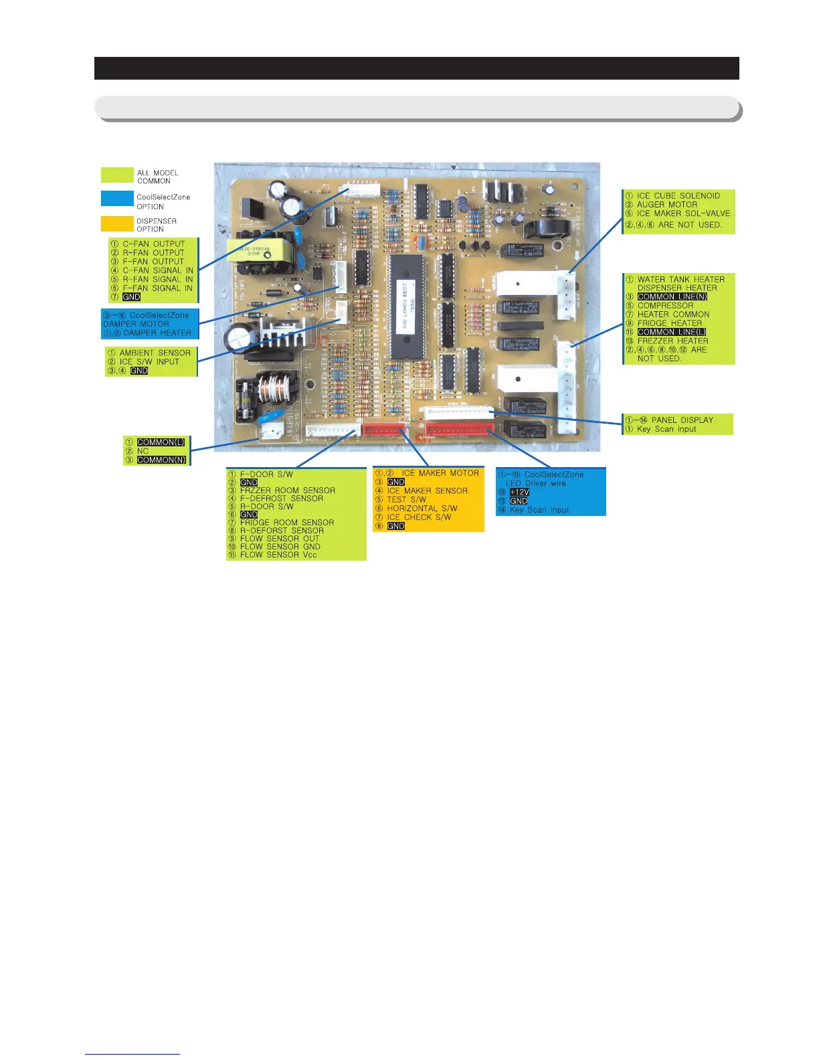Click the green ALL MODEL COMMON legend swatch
tap(117, 175)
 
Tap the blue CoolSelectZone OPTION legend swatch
tap(117, 199)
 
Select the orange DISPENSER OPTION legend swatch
tap(117, 224)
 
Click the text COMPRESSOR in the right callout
tap(665, 305)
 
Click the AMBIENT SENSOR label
tap(155, 353)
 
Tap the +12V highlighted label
tap(519, 492)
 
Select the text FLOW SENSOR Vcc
tap(278, 555)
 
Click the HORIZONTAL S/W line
tap(422, 509)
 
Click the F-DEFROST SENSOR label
tap(281, 499)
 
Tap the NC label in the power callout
tap(143, 451)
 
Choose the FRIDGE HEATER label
tap(669, 323)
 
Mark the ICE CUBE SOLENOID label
tap(678, 196)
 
